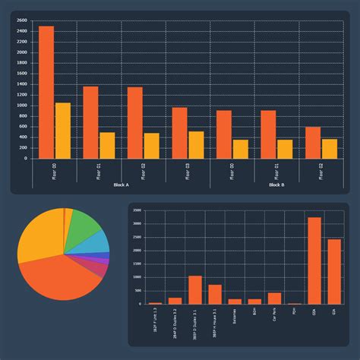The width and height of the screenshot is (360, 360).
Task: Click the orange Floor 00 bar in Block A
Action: click(x=46, y=92)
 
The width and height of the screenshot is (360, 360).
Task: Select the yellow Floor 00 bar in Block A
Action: click(x=62, y=131)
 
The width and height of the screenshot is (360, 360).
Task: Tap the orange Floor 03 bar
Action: click(x=179, y=133)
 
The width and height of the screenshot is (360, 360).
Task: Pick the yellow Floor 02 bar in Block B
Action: click(x=329, y=149)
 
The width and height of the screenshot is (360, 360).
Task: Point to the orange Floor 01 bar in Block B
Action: click(x=268, y=134)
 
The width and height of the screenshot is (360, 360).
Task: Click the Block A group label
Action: click(x=121, y=185)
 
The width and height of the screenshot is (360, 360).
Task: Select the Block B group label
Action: click(x=276, y=185)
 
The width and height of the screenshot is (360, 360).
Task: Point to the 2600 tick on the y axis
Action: click(x=21, y=21)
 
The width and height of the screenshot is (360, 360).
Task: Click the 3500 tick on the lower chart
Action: click(x=137, y=210)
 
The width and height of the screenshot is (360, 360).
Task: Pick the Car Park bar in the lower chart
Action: click(x=274, y=298)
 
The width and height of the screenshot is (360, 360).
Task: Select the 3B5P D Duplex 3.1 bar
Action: click(x=194, y=289)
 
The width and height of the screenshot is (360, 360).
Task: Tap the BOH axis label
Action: click(x=254, y=313)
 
